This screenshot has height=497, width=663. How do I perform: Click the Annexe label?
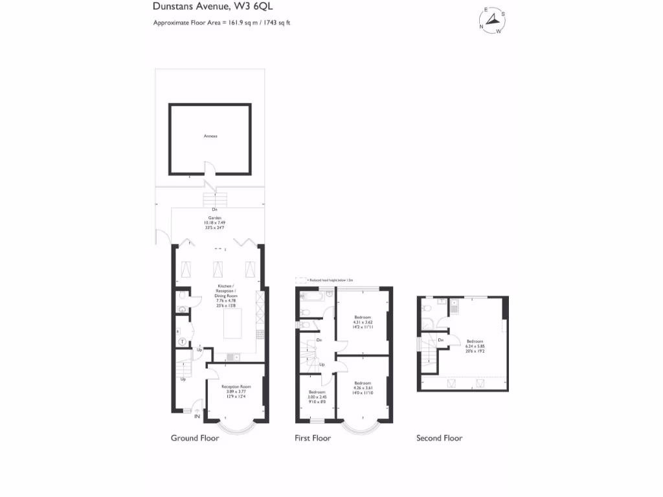click(x=210, y=137)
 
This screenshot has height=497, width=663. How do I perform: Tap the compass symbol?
click(x=493, y=21)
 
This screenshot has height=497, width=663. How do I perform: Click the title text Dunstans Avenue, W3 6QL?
click(x=199, y=7)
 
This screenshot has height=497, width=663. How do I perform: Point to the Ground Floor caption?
click(x=195, y=438)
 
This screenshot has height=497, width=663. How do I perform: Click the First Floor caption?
click(x=312, y=438)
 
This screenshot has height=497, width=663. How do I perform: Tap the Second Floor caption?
click(x=439, y=438)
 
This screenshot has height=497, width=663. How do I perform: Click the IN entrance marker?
click(x=197, y=416)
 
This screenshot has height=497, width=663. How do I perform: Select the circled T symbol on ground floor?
click(x=183, y=341)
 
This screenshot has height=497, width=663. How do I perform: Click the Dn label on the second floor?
click(x=440, y=340)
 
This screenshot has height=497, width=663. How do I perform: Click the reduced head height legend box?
click(x=300, y=280)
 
